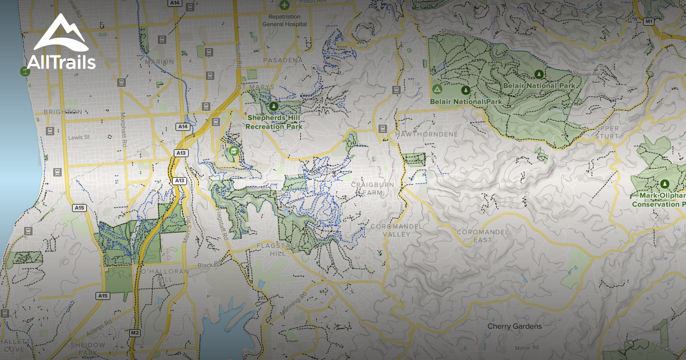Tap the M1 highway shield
point(648,21)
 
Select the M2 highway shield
point(135,333)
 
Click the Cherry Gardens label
point(514,326)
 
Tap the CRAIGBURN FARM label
point(372,189)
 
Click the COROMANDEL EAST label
point(474,236)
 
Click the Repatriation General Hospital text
point(284,21)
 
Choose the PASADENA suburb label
point(283,60)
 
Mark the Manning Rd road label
point(292,308)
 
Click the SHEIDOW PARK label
point(87,349)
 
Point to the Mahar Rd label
point(526,347)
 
